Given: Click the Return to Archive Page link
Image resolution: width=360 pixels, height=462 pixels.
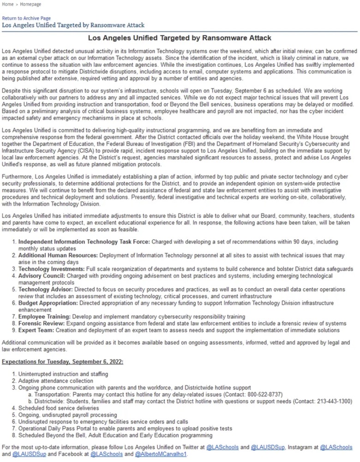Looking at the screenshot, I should pos(26,18).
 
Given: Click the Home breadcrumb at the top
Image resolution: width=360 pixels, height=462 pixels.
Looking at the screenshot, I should pos(8,4).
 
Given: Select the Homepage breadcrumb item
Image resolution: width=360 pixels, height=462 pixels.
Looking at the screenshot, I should pos(30,4).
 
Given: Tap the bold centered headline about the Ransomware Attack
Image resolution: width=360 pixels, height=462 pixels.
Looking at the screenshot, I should pos(180,38).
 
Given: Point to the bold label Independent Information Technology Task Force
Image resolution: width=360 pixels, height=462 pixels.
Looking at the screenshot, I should pos(84,242).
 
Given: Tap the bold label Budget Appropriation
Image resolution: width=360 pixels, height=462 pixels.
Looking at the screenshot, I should pos(48,303).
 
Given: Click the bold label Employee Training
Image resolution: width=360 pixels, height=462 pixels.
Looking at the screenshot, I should pos(45,316).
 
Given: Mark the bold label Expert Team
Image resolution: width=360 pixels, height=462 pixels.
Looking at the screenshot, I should pos(36,330).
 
